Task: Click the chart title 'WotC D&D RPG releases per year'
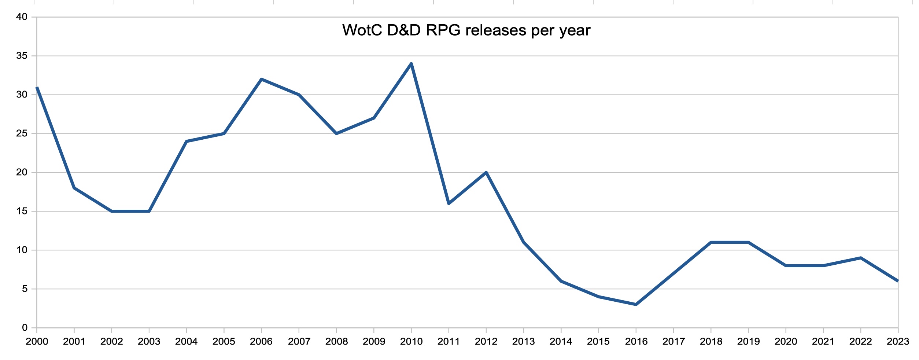(466, 30)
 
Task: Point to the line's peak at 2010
(411, 64)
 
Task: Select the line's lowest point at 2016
(636, 305)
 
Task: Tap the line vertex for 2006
(261, 79)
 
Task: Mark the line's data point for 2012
(486, 172)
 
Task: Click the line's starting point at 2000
(37, 87)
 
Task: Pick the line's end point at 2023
(898, 281)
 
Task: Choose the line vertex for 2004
(187, 141)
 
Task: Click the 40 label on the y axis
(22, 17)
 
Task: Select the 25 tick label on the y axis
(22, 133)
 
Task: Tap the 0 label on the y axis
(25, 328)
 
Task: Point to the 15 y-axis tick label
(22, 211)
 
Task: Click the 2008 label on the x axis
(336, 342)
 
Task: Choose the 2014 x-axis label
(561, 342)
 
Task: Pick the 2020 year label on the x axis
(786, 342)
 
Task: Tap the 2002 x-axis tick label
(111, 342)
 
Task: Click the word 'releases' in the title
(496, 30)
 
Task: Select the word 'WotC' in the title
(362, 30)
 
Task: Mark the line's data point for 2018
(711, 242)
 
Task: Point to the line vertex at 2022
(860, 258)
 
